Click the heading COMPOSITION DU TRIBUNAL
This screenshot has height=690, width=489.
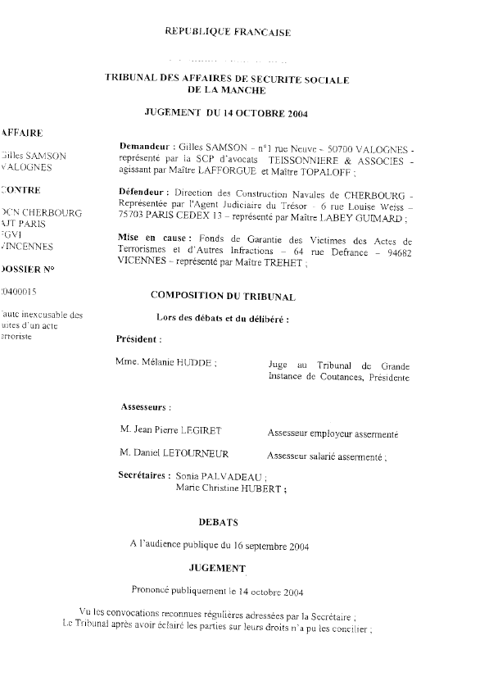coord(223,295)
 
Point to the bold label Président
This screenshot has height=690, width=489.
coord(139,338)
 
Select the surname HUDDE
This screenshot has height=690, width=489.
coord(197,361)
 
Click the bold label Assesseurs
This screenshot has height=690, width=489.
coord(145,406)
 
